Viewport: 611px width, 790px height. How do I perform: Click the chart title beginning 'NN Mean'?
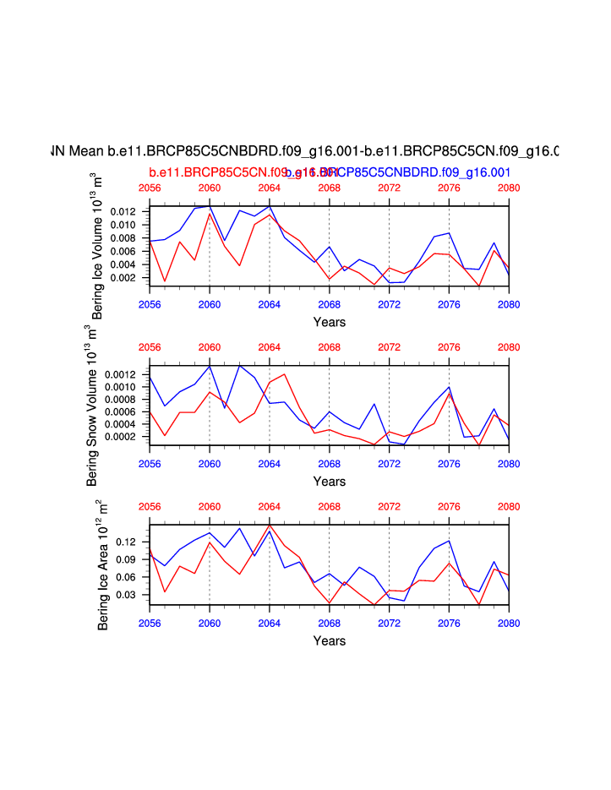pyautogui.click(x=305, y=152)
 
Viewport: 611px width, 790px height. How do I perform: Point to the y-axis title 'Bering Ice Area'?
pyautogui.click(x=102, y=565)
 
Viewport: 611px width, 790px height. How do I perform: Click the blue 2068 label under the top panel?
pyautogui.click(x=329, y=303)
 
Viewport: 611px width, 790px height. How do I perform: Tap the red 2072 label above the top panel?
pyautogui.click(x=389, y=188)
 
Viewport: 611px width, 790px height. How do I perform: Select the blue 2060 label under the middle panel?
pyautogui.click(x=210, y=463)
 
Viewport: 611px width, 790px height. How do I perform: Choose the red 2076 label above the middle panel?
pyautogui.click(x=449, y=347)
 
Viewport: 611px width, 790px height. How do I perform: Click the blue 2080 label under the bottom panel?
pyautogui.click(x=509, y=623)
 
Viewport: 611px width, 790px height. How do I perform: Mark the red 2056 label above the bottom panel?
pyautogui.click(x=150, y=507)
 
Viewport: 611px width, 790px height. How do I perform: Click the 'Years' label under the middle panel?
pyautogui.click(x=329, y=482)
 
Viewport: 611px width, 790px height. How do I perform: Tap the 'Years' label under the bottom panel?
pyautogui.click(x=329, y=641)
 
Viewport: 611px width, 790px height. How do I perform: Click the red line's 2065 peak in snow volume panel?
pyautogui.click(x=285, y=373)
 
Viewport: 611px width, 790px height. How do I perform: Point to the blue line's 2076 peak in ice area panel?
pyautogui.click(x=449, y=541)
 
